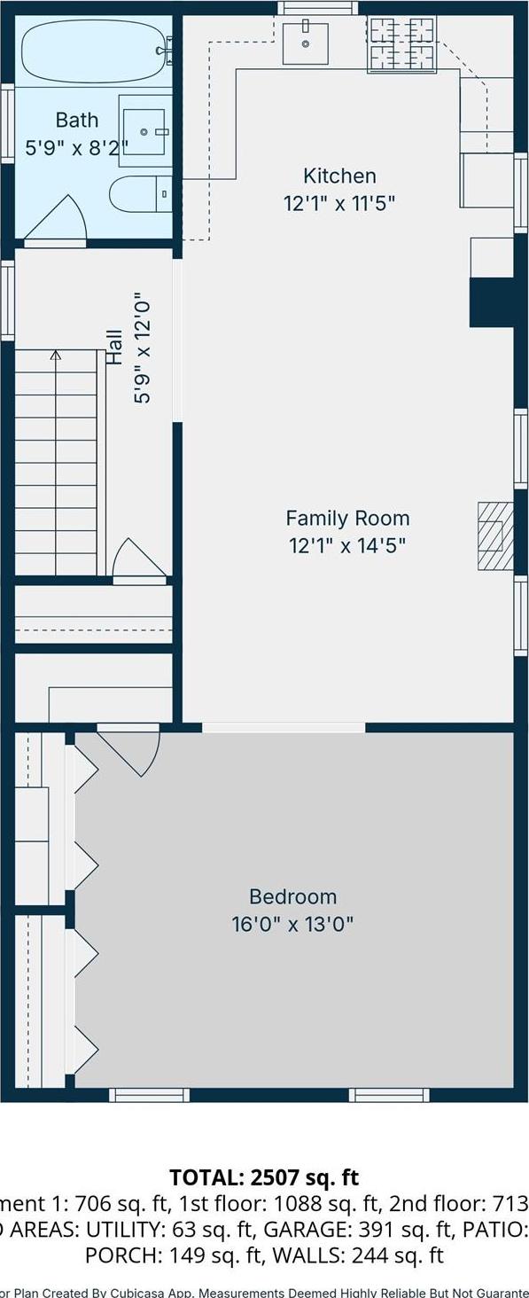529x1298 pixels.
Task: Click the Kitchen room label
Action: pyautogui.click(x=339, y=176)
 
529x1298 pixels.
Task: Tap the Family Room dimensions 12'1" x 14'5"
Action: pyautogui.click(x=347, y=544)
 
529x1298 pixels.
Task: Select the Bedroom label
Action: pyautogui.click(x=292, y=896)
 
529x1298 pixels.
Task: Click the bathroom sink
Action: pyautogui.click(x=145, y=132)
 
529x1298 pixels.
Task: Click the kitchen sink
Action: pyautogui.click(x=306, y=43)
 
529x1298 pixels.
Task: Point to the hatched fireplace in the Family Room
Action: pyautogui.click(x=495, y=536)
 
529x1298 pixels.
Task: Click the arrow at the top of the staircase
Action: pyautogui.click(x=56, y=356)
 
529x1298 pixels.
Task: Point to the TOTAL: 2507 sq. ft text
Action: pyautogui.click(x=264, y=1177)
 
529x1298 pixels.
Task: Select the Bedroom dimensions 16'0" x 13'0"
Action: pyautogui.click(x=292, y=924)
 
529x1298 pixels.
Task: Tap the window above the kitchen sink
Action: pyautogui.click(x=318, y=8)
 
